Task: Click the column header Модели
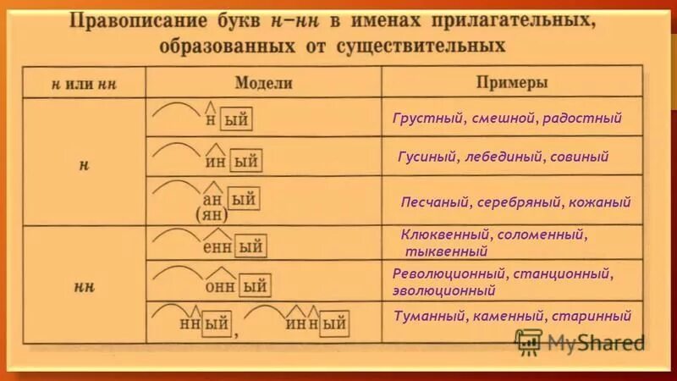pyautogui.click(x=263, y=83)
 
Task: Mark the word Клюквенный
pyautogui.click(x=443, y=234)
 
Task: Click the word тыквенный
pyautogui.click(x=446, y=251)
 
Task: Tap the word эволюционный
pyautogui.click(x=444, y=290)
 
